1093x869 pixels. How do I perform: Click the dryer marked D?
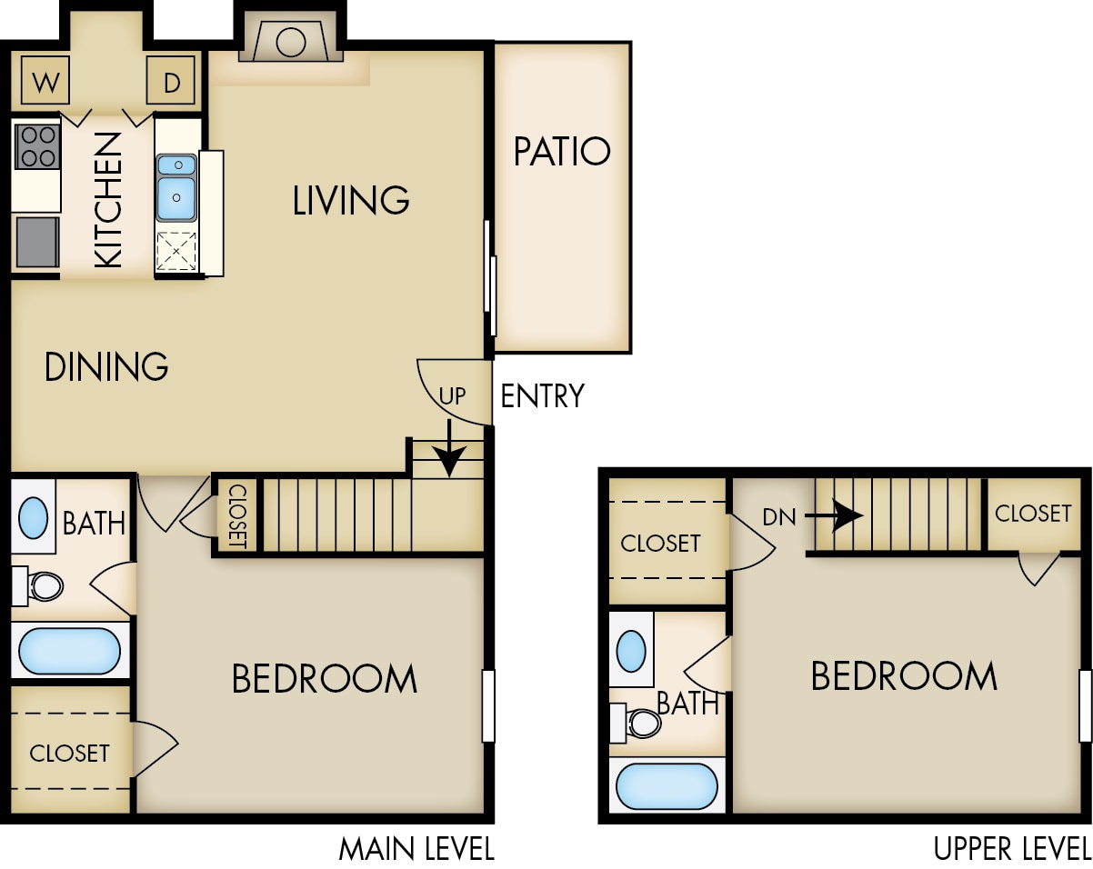coord(171,84)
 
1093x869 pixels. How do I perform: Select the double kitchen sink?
coord(176,187)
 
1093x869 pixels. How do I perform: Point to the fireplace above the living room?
coord(291,43)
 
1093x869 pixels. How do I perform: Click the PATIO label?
coord(562,152)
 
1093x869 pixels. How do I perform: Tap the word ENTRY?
coord(543,396)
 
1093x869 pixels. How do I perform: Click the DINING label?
coord(106,366)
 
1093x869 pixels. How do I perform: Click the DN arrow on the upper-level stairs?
coord(835,516)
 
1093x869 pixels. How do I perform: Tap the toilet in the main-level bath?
coord(42,585)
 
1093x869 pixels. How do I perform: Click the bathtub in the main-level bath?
coord(69,651)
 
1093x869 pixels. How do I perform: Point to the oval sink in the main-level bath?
coord(33,517)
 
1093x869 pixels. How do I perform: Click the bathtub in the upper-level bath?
coord(667,786)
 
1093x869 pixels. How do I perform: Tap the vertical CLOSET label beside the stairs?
coord(236,515)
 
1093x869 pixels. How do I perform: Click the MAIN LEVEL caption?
coord(416,849)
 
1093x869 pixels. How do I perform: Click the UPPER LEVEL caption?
coord(1011,849)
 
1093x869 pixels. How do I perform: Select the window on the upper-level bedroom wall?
coord(1085,705)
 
